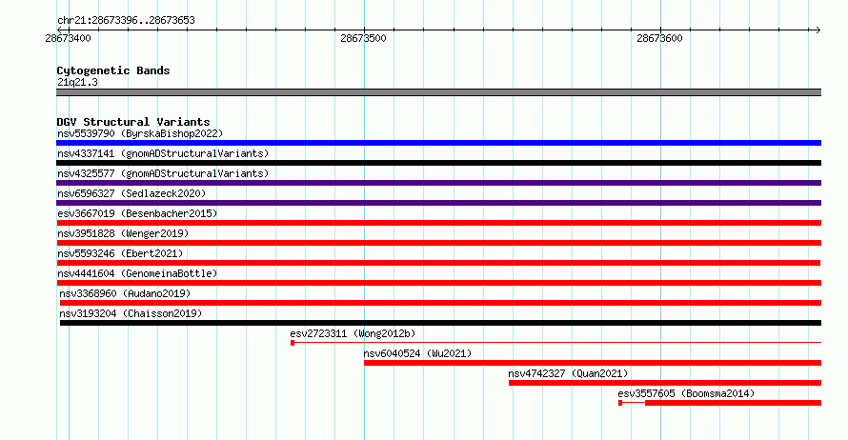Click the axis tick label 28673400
[69, 38]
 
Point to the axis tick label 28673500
[363, 38]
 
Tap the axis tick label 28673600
[659, 38]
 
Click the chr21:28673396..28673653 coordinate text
[126, 21]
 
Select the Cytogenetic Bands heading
[113, 70]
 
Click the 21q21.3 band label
[77, 82]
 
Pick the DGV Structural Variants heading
[133, 122]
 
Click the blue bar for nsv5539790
[438, 143]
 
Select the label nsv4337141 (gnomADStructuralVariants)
[163, 153]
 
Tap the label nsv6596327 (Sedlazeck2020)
[131, 193]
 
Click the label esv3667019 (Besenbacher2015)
[137, 213]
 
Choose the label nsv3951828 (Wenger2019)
[123, 233]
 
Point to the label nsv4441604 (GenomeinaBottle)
[137, 273]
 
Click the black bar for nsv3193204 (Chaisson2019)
[440, 323]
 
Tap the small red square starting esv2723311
[293, 343]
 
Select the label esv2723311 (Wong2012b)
[353, 333]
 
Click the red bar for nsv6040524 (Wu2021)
[593, 363]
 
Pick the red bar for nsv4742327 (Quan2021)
[665, 383]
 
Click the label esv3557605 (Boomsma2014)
[686, 393]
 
